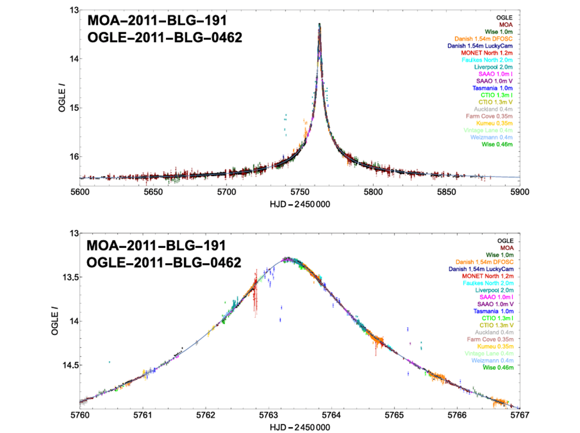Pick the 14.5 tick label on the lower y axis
point(67,365)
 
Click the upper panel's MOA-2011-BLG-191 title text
point(157,22)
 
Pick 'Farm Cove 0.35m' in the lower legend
point(489,340)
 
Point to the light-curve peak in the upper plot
point(319,24)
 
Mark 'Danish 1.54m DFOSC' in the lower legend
point(484,262)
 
